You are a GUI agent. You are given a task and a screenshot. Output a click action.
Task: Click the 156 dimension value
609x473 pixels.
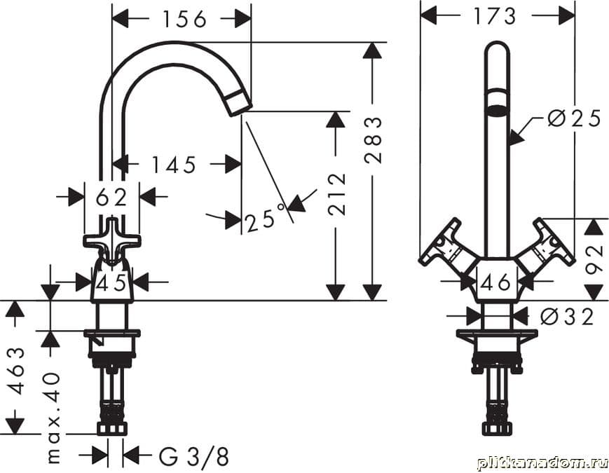point(184,19)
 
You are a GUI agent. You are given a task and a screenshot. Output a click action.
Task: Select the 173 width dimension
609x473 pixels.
point(495,16)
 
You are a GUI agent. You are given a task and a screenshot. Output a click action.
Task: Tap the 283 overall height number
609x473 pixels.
point(374,141)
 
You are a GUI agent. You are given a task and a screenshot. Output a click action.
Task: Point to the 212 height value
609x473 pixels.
point(336,195)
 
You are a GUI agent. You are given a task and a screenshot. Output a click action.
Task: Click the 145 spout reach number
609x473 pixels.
point(173,165)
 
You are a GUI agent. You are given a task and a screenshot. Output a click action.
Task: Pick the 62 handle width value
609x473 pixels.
point(111,197)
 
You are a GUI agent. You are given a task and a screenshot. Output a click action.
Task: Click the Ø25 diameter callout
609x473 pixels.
point(574,118)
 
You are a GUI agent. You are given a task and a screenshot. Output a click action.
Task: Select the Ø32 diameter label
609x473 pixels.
point(567,317)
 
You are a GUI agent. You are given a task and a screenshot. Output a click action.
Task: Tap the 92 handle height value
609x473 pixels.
point(594,260)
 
